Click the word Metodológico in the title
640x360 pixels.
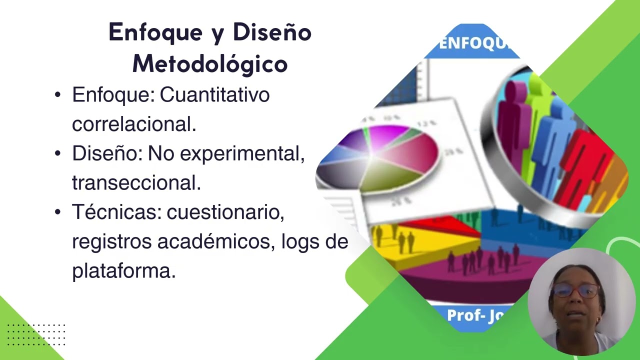[x=209, y=64]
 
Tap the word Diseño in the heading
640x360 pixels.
[x=272, y=33]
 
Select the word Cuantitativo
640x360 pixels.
[x=214, y=94]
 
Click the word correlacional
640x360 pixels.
[x=133, y=124]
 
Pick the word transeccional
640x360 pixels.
[x=136, y=183]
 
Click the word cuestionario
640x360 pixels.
[x=225, y=212]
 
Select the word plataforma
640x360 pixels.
[x=123, y=271]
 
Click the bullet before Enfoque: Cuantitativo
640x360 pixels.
[x=58, y=94]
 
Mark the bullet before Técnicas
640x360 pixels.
[x=58, y=212]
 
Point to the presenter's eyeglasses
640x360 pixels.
[x=576, y=290]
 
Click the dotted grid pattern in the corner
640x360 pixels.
[x=36, y=334]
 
